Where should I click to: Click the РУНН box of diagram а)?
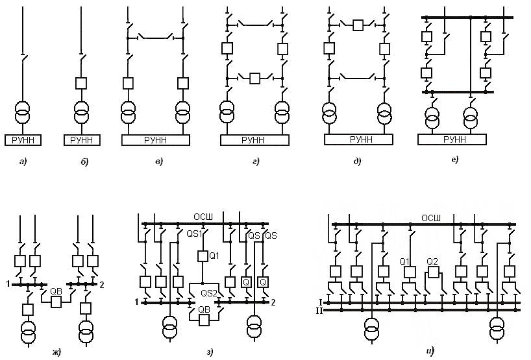pyautogui.click(x=23, y=139)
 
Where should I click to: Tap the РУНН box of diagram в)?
pyautogui.click(x=154, y=139)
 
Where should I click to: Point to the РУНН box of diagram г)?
pyautogui.click(x=254, y=139)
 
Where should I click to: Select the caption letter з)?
pyautogui.click(x=210, y=352)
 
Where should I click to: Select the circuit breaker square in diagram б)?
pyautogui.click(x=81, y=84)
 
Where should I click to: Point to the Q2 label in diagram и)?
pyautogui.click(x=433, y=261)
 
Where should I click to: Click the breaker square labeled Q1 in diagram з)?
pyautogui.click(x=203, y=256)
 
